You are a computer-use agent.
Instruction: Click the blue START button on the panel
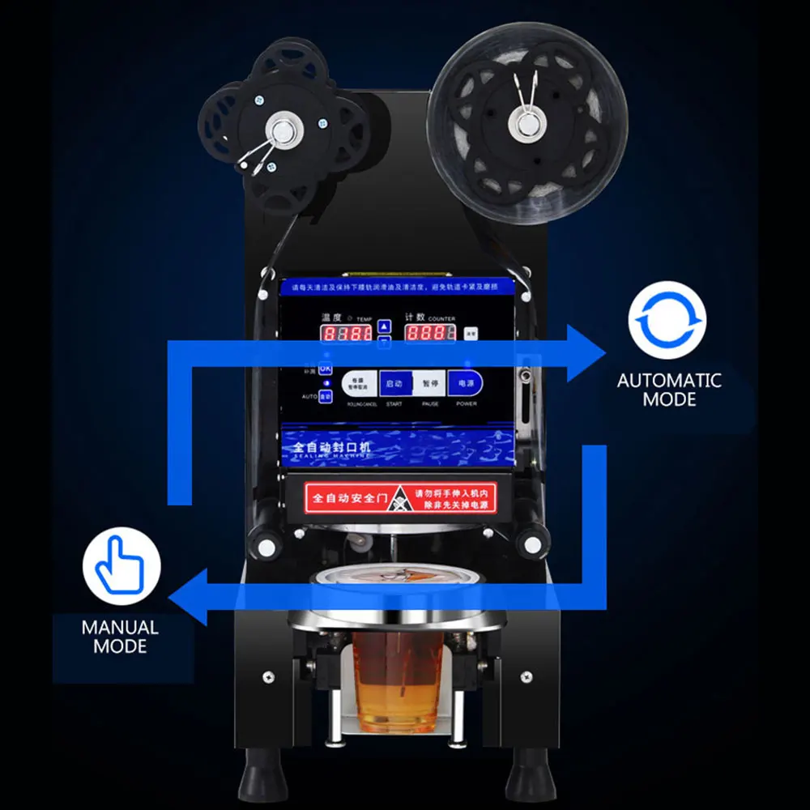click(394, 383)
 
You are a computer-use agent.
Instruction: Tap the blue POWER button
click(466, 383)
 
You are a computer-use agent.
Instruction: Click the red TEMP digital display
click(346, 333)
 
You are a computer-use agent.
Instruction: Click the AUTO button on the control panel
click(325, 396)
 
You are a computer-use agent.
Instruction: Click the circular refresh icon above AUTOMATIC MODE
click(667, 320)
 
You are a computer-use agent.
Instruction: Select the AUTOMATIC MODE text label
click(669, 390)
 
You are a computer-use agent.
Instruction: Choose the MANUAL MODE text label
click(120, 637)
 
